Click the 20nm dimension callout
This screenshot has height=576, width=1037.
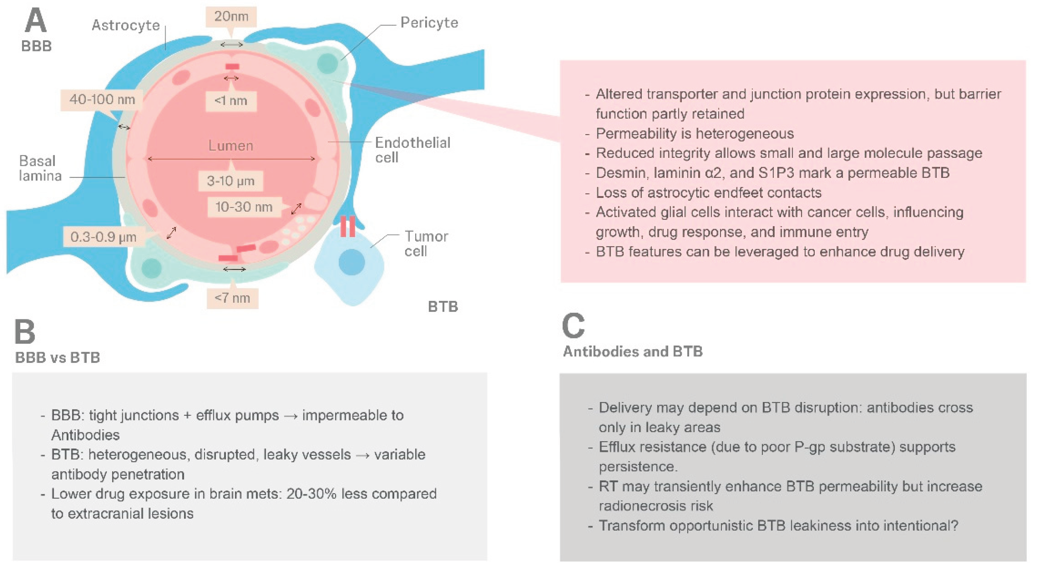pos(231,16)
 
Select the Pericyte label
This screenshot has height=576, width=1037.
pos(429,23)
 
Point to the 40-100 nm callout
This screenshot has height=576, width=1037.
pos(102,99)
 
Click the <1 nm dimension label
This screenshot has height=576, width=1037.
pos(231,101)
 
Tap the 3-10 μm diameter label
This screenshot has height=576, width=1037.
pos(231,181)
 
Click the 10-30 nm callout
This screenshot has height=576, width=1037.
pos(244,207)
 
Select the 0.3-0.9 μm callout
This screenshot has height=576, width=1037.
pos(103,237)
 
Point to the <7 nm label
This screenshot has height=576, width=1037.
pos(232,298)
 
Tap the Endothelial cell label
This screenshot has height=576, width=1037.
pos(413,150)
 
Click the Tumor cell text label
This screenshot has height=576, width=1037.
pos(426,244)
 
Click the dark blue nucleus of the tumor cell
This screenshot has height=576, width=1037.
pos(352,262)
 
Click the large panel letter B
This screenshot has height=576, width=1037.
pos(25,332)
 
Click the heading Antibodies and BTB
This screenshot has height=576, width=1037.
pos(633,351)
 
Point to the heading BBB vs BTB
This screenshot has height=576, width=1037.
pos(57,357)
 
